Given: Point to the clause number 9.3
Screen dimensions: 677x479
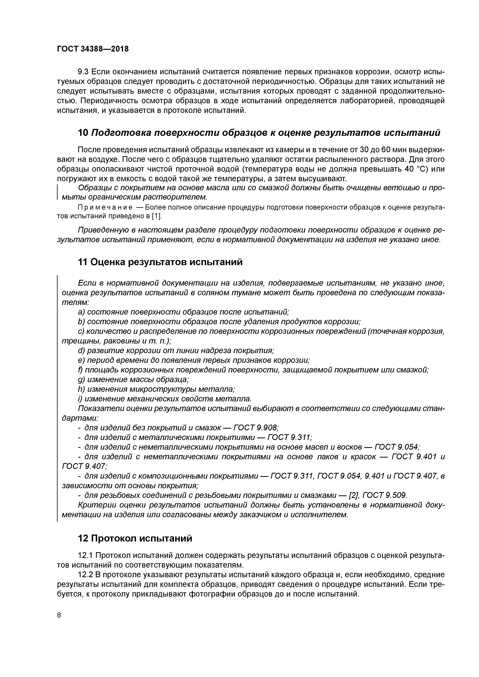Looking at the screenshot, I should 83,72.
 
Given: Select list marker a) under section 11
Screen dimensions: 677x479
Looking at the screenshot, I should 81,312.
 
